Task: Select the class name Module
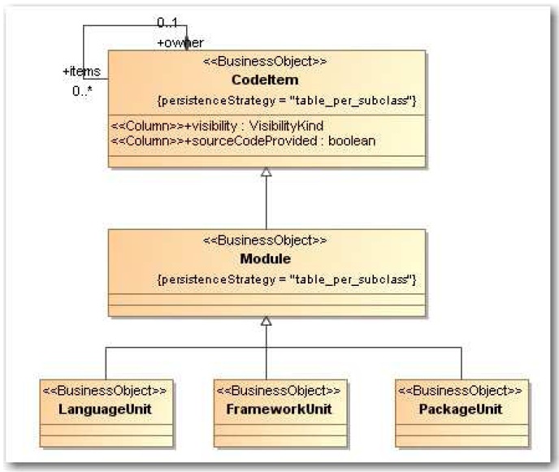pos(266,260)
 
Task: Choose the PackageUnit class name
pos(460,409)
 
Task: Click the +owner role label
pos(180,42)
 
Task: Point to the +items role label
pos(81,71)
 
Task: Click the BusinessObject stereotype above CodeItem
pos(266,62)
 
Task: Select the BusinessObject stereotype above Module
pos(266,241)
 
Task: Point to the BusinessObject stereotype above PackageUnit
pos(460,390)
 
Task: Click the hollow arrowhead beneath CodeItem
pos(266,173)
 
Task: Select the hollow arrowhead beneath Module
pos(266,322)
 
